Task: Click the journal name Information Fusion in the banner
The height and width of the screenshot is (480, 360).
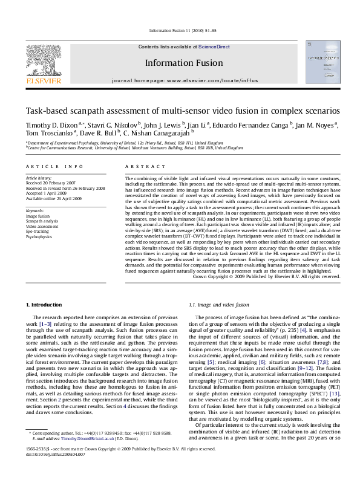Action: click(179, 62)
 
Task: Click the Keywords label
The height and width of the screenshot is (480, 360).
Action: click(34, 210)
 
